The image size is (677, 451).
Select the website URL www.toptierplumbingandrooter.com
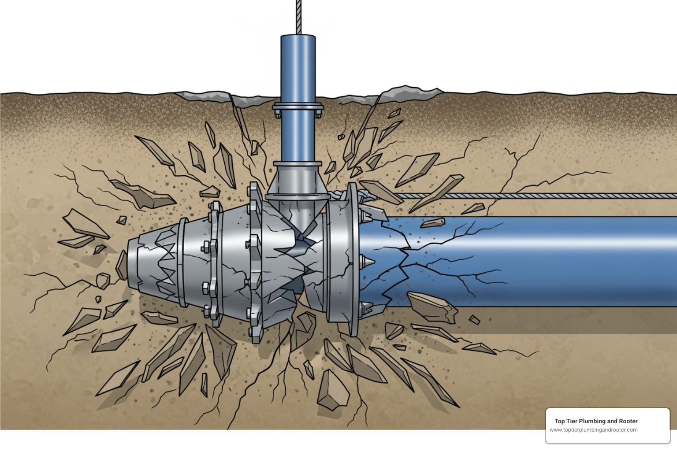pyautogui.click(x=593, y=430)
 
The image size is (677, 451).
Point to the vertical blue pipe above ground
pyautogui.click(x=298, y=66)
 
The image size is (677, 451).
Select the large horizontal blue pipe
pyautogui.click(x=551, y=260)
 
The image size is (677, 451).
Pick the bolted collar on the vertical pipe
pyautogui.click(x=298, y=108)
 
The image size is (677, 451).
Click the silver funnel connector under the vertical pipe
pyautogui.click(x=298, y=181)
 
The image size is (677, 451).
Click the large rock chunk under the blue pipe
pyautogui.click(x=432, y=306)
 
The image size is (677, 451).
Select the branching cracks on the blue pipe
pyautogui.click(x=441, y=255)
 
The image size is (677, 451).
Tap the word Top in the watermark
pyautogui.click(x=559, y=421)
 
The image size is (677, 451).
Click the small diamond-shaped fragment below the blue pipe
pyautogui.click(x=474, y=319)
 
